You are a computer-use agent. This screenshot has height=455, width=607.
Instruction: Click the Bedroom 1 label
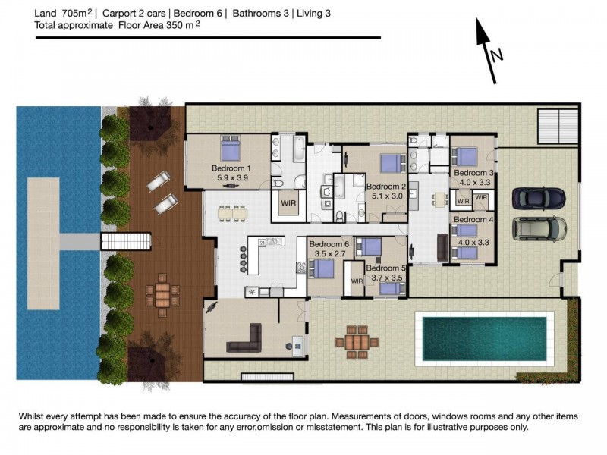click(231, 168)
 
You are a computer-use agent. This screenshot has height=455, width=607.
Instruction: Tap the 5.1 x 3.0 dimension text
click(387, 196)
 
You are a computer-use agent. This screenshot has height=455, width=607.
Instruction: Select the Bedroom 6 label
click(329, 244)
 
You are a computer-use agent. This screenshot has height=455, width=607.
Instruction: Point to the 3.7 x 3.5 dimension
click(387, 278)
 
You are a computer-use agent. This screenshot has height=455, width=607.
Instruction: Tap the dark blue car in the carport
click(539, 198)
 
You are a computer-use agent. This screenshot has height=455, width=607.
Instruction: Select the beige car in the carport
click(539, 228)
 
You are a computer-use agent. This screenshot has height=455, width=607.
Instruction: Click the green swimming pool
click(484, 338)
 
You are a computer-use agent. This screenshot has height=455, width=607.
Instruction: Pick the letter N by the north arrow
click(497, 55)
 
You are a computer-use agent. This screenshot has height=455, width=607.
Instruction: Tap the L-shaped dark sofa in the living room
click(244, 340)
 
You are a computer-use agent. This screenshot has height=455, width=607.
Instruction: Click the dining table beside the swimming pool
click(357, 342)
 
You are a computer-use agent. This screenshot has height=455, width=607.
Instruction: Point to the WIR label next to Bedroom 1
click(288, 203)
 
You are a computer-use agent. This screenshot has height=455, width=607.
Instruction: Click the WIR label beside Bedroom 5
click(357, 281)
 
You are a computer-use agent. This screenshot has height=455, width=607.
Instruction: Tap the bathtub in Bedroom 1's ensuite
click(299, 149)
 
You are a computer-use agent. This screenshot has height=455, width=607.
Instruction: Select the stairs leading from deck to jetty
click(125, 241)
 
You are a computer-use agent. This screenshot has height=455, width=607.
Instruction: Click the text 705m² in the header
click(77, 13)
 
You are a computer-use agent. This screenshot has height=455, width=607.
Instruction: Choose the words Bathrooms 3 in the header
click(260, 14)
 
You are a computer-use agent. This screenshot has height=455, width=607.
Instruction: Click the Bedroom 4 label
click(473, 219)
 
